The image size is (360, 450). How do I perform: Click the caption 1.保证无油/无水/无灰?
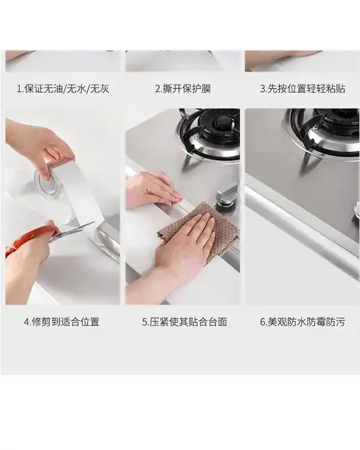tap(63, 89)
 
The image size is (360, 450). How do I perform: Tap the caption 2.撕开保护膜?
tap(183, 89)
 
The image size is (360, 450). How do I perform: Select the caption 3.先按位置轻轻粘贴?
tap(302, 89)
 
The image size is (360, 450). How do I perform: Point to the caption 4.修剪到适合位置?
tap(62, 322)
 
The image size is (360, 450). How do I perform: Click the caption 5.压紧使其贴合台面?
tap(185, 322)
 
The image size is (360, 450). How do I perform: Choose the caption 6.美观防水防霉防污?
tap(302, 322)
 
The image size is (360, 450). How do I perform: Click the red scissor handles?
tap(29, 238)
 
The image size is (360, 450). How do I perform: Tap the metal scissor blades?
tap(72, 230)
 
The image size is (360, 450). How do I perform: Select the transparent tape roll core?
tap(49, 184)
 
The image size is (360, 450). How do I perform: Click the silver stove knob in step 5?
tap(227, 194)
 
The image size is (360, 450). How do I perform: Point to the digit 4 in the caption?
tap(26, 322)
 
